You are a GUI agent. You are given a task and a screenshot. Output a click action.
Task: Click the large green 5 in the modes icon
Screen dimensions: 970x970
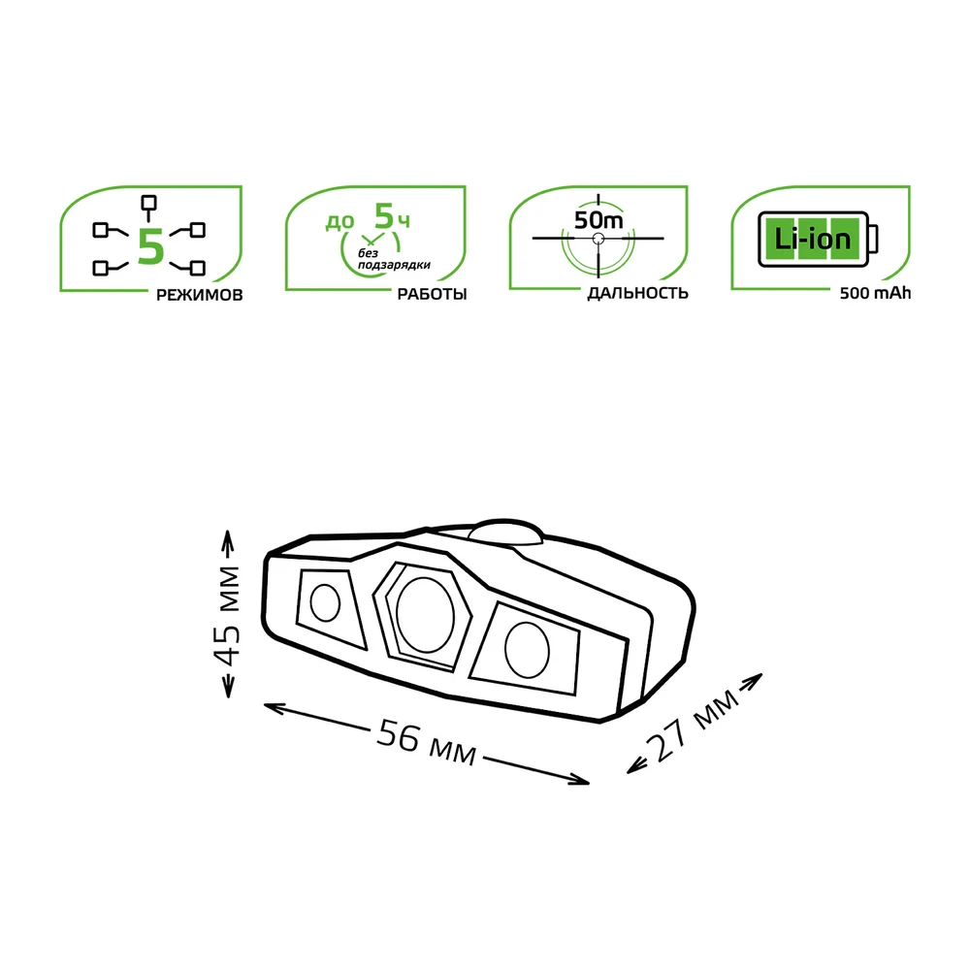pos(150,246)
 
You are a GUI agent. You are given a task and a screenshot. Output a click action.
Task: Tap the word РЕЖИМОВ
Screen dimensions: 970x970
pos(199,295)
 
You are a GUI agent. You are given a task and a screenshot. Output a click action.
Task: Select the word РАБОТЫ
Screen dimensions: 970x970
pos(432,294)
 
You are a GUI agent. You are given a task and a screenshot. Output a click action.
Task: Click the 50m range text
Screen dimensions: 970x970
pos(598,219)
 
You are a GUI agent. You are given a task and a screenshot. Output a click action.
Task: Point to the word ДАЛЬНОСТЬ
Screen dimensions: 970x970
pos(638,293)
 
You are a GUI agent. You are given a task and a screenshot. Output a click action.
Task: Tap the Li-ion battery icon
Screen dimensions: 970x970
pos(818,239)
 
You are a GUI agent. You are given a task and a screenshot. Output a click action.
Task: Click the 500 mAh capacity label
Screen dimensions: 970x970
pos(875,293)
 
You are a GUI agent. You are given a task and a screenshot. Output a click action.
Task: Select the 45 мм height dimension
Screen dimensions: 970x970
pos(228,615)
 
